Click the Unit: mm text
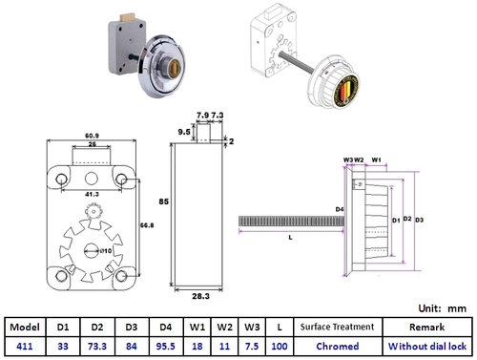442,308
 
